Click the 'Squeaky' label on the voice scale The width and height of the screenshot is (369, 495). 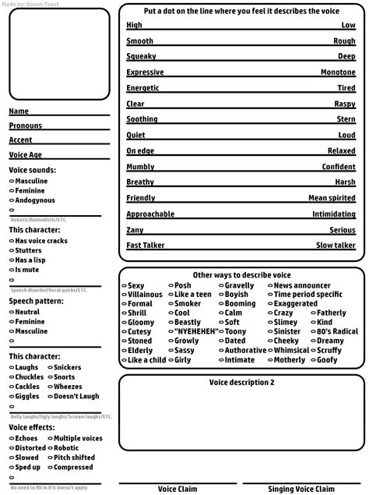point(141,56)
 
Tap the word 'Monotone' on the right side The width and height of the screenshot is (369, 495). point(338,72)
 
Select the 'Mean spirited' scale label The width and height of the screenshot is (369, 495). point(332,198)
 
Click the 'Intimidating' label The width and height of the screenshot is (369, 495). point(333,214)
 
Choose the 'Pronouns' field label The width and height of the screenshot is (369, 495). point(26,126)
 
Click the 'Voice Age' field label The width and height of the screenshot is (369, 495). point(26,154)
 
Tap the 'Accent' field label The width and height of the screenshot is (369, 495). point(21,140)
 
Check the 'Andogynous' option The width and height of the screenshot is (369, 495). point(34,200)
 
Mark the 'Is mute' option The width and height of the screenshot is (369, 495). point(28,269)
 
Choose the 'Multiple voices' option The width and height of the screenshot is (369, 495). point(77,439)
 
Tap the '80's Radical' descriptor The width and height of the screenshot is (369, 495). point(337,331)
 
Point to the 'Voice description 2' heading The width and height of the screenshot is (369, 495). point(241,383)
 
